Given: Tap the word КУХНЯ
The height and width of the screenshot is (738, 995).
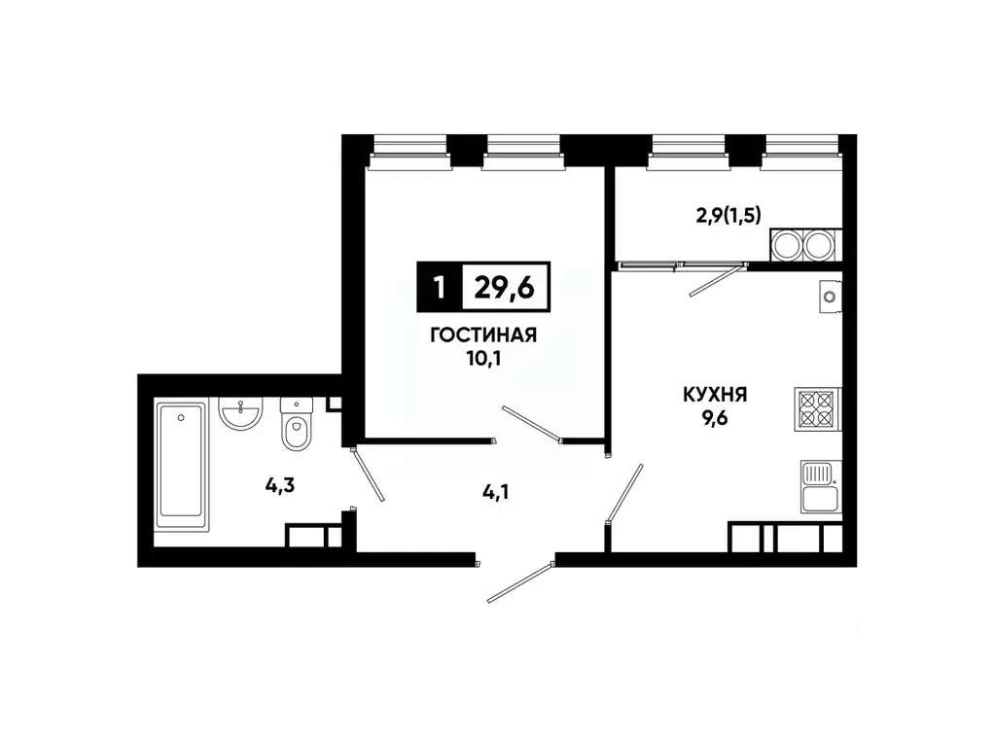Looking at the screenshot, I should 714,395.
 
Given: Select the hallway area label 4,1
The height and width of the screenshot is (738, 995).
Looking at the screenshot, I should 496,492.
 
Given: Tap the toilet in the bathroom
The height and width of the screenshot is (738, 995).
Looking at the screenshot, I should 294,426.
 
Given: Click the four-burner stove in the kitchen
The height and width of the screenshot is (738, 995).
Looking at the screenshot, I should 817,408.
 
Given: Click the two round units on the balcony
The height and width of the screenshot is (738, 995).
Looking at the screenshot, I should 803,244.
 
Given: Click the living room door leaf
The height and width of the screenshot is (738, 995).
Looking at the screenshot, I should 531,424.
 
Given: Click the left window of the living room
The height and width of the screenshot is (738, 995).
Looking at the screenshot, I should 409,151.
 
